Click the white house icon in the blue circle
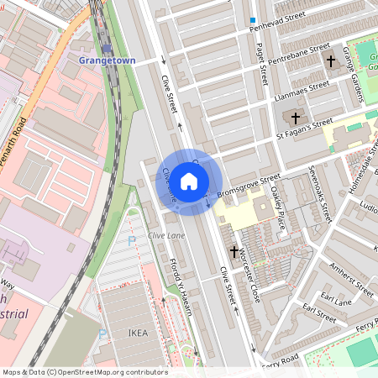(189, 181)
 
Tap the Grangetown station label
(105, 61)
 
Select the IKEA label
(138, 333)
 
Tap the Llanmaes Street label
(302, 91)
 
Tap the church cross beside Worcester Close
(234, 251)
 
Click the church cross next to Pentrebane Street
(331, 61)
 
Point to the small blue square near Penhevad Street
(252, 19)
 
